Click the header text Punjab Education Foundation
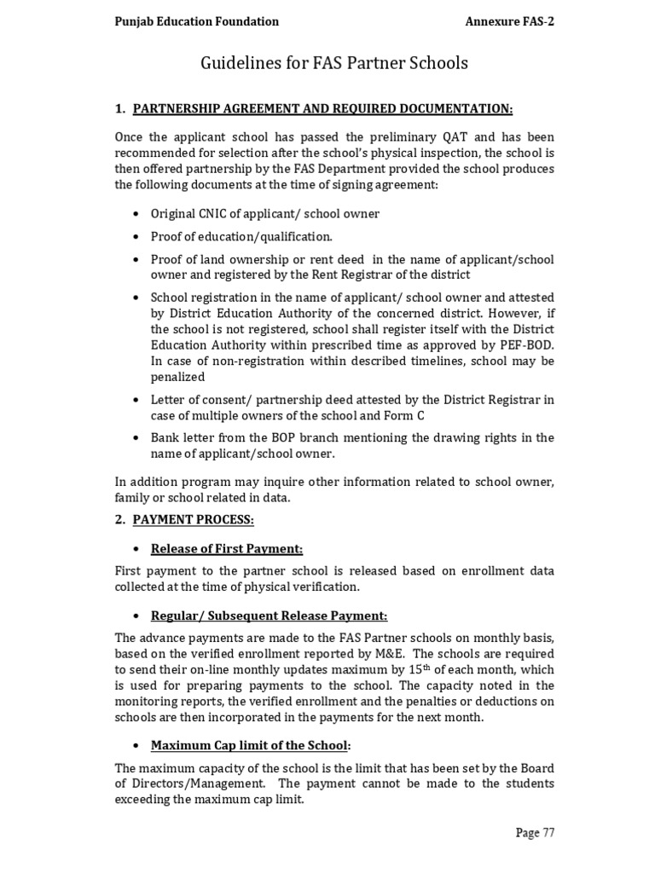[x=197, y=21]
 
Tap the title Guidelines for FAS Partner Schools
[x=333, y=63]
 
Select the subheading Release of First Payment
[x=227, y=548]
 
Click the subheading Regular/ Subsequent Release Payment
[x=269, y=615]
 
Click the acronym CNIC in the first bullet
[x=207, y=213]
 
